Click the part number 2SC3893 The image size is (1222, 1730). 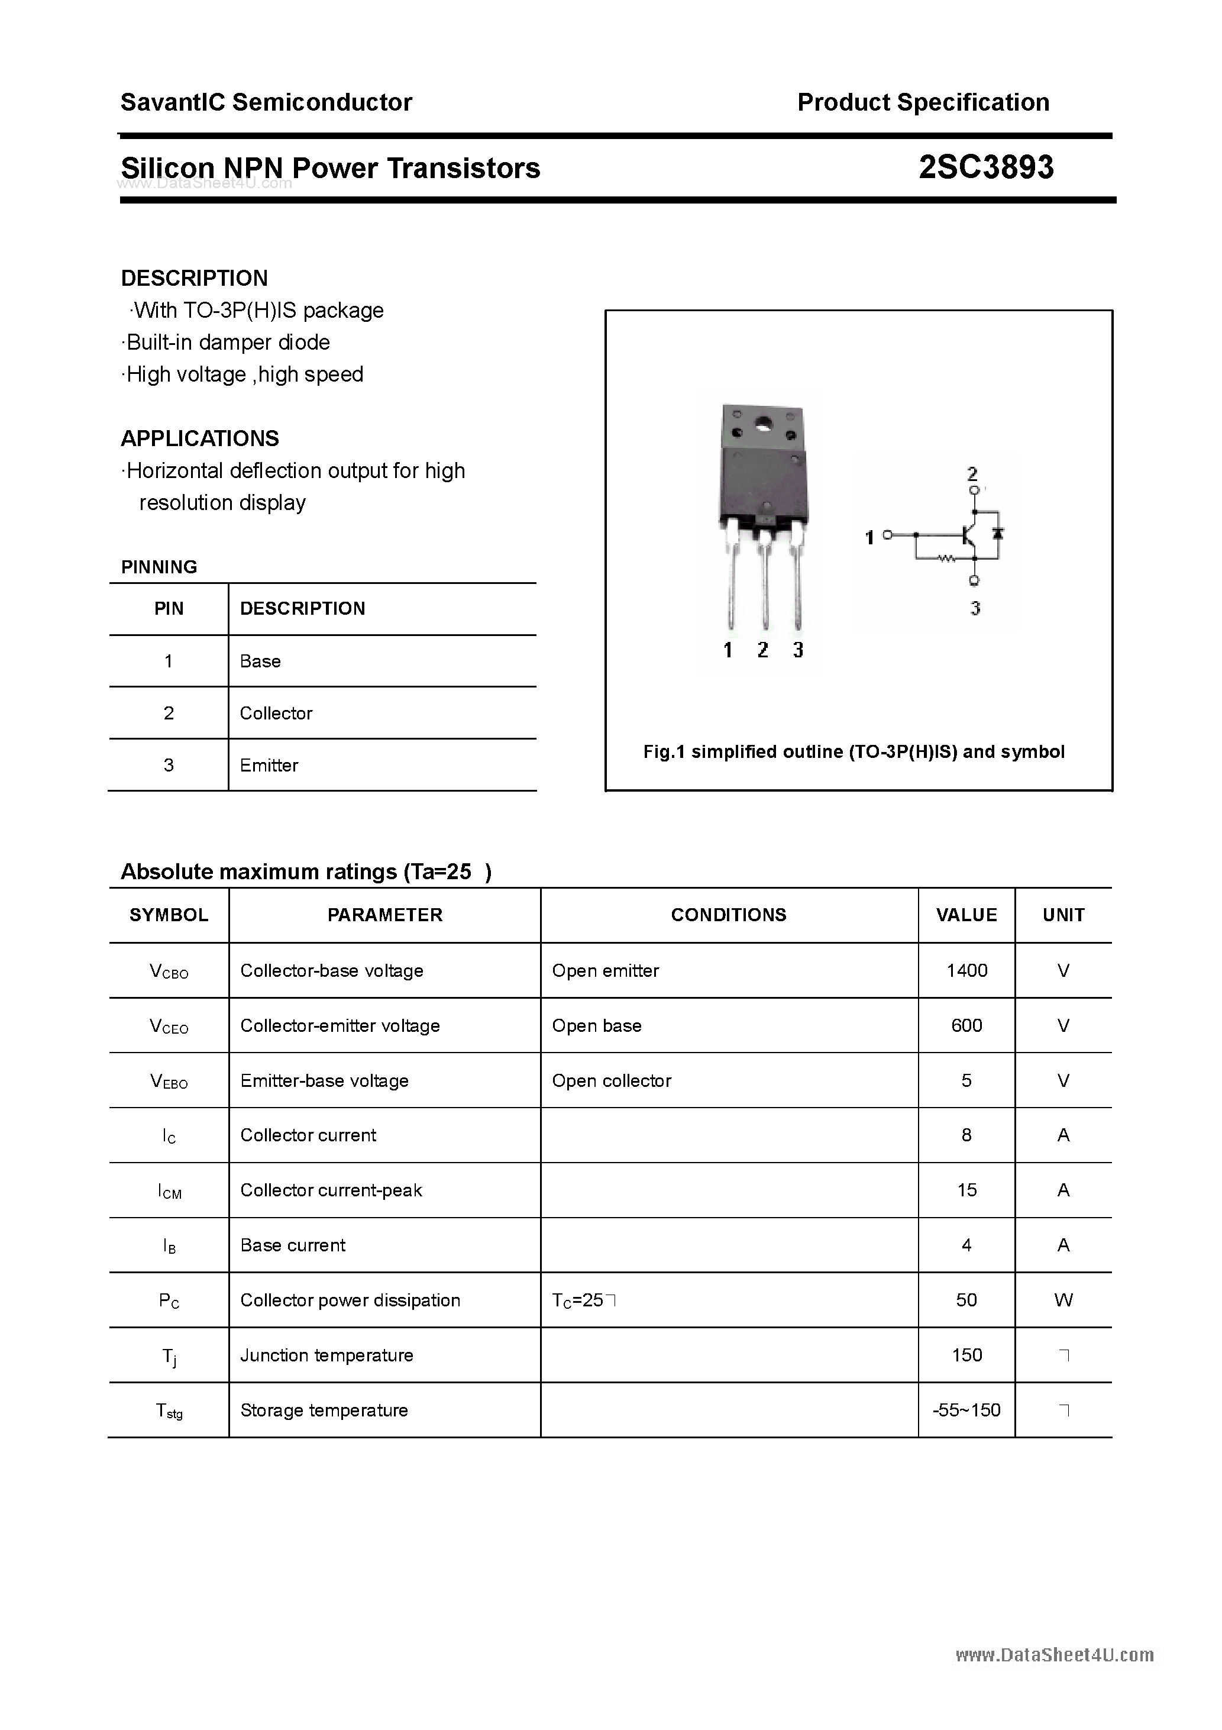click(985, 167)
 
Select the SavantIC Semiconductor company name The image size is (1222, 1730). click(266, 102)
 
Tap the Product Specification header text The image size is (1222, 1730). click(923, 102)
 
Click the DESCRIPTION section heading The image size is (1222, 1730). click(195, 278)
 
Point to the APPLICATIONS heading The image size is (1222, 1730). click(200, 438)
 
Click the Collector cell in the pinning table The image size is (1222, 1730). click(276, 713)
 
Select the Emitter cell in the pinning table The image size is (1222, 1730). click(269, 765)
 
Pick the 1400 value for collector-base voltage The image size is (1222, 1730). click(966, 970)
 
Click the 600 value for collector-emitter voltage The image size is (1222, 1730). click(966, 1025)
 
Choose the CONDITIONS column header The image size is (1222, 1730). click(729, 915)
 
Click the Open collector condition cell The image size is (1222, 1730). click(611, 1080)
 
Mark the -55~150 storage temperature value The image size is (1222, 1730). click(966, 1410)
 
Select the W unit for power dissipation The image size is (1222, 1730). click(1063, 1300)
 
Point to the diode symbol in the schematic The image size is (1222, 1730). click(998, 534)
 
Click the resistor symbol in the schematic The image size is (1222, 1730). click(946, 559)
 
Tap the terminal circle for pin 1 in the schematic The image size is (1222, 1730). click(887, 535)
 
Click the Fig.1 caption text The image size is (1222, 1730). click(854, 751)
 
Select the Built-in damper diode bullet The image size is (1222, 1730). click(226, 342)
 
